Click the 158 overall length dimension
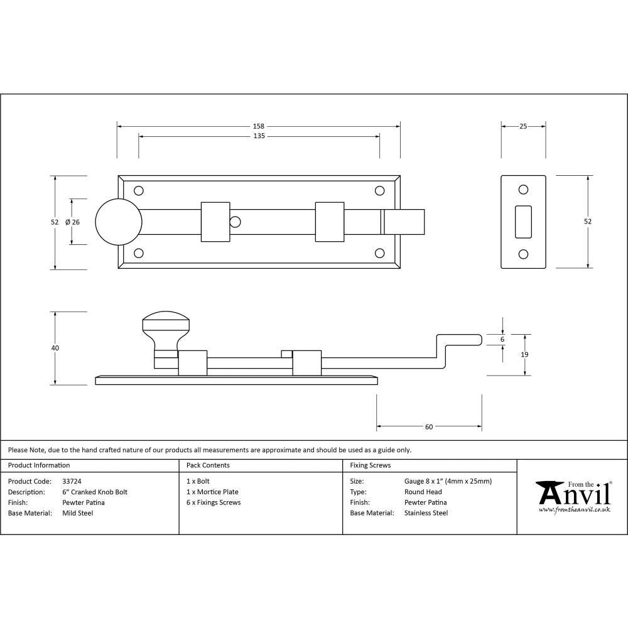coord(259,126)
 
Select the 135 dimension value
coord(259,136)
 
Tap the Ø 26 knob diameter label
coord(72,222)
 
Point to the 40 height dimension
coord(55,348)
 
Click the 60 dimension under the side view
coord(429,427)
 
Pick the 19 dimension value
coord(525,355)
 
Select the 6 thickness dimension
coord(502,339)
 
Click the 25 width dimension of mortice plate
coord(523,126)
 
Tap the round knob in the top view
coord(119,222)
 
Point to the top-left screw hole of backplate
coord(139,190)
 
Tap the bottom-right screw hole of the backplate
coord(379,253)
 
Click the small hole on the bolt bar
coord(235,222)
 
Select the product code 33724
coord(72,482)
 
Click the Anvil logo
coord(573,496)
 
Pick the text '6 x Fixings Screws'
coord(214,502)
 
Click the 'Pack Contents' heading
coord(208,465)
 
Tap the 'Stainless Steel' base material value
coord(426,513)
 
